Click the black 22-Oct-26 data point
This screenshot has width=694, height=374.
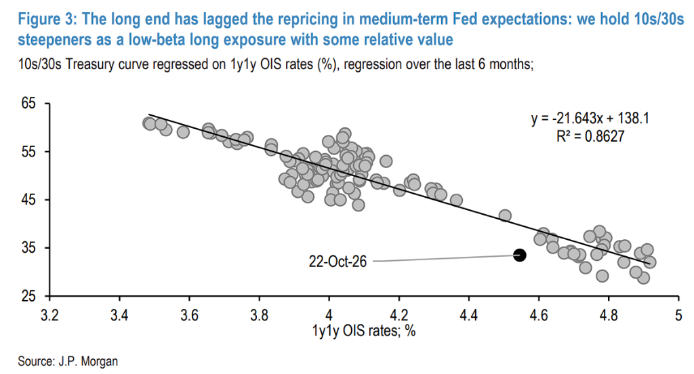coord(520,255)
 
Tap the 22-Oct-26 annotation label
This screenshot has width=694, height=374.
coord(338,262)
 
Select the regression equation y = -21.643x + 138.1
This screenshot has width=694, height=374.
coord(590,118)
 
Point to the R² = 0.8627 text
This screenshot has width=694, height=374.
coord(590,136)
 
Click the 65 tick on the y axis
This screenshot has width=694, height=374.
coord(28,104)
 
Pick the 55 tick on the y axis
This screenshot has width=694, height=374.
coord(28,152)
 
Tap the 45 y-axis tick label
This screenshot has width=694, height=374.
coord(28,200)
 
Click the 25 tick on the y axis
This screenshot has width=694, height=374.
coord(28,295)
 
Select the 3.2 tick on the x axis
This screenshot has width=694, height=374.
coord(49,315)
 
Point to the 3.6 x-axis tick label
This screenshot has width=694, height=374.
coord(190,315)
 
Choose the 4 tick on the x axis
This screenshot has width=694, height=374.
coord(329,315)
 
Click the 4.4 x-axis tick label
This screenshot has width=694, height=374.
coord(469,315)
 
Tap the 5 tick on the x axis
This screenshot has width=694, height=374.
coord(678,315)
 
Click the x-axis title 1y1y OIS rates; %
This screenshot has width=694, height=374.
coord(364,331)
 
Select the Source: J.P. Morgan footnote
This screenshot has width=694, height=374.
coord(68,361)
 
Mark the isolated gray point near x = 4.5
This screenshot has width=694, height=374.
coord(505,215)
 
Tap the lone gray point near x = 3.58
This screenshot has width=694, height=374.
coord(183,132)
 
